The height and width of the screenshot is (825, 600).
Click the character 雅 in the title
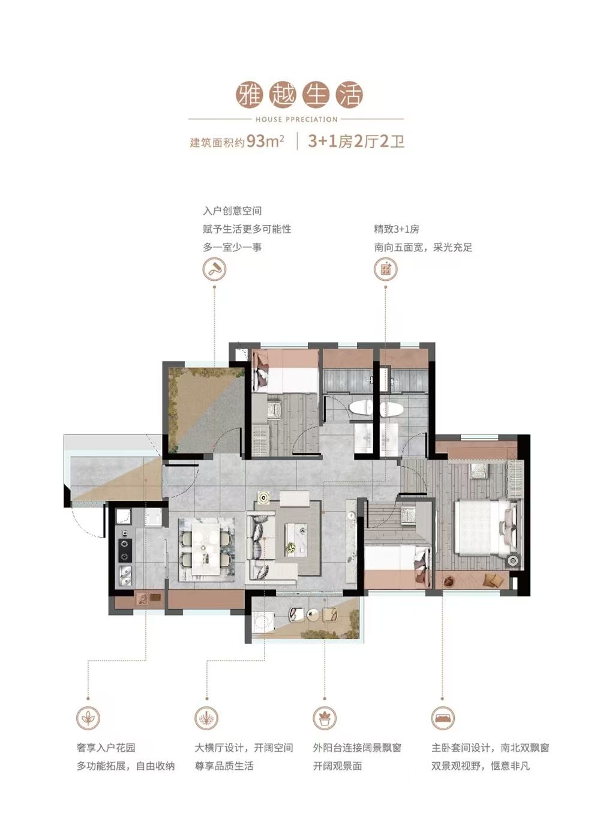(x=248, y=95)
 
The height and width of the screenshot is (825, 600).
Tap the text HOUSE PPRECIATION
(x=296, y=119)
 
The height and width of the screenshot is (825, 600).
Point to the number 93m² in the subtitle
(x=265, y=141)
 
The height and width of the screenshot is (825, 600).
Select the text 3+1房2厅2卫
(x=356, y=141)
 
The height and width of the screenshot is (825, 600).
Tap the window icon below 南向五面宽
(x=386, y=269)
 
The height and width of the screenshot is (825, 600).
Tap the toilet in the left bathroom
(x=360, y=408)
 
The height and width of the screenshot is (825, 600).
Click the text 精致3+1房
(x=397, y=229)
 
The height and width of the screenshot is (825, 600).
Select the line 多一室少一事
(x=232, y=247)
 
